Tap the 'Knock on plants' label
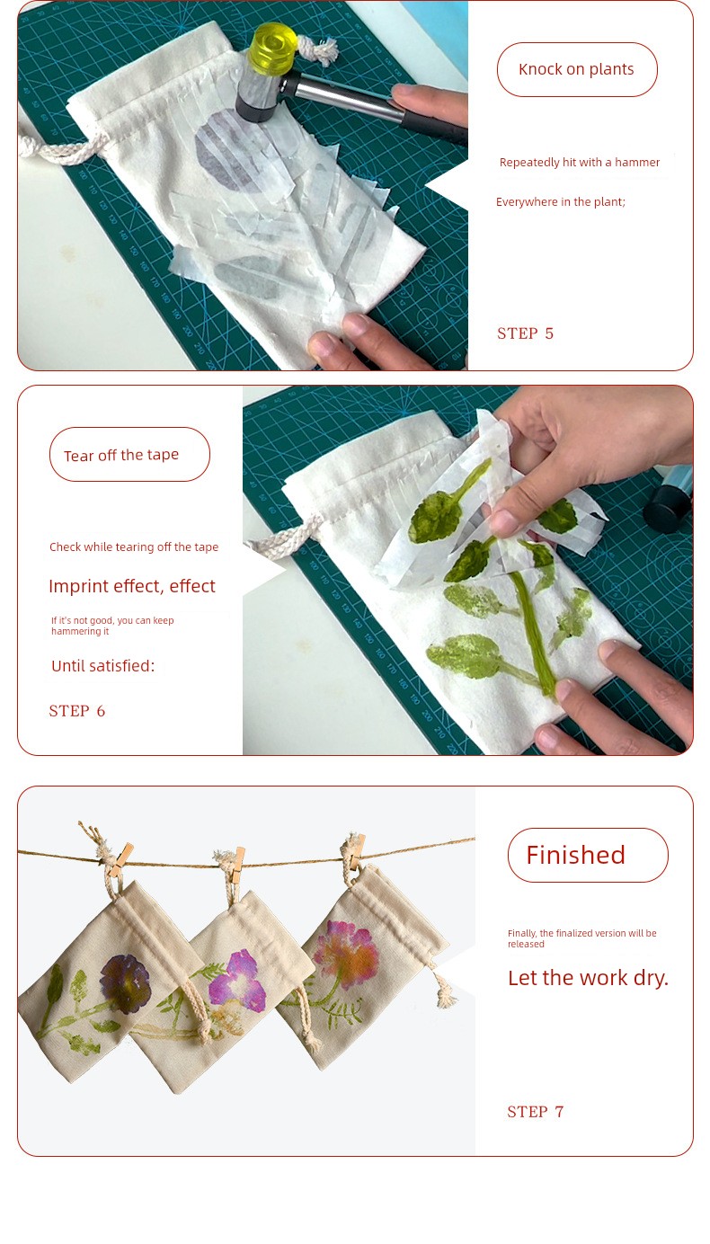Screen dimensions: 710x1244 pyautogui.click(x=577, y=69)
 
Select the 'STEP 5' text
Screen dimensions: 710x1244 pyautogui.click(x=525, y=333)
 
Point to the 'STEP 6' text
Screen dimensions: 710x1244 pyautogui.click(x=77, y=711)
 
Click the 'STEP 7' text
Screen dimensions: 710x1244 pyautogui.click(x=535, y=1111)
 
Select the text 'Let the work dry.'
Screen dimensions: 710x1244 pyautogui.click(x=588, y=978)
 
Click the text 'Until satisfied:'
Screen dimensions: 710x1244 pyautogui.click(x=103, y=666)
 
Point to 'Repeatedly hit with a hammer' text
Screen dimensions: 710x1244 pyautogui.click(x=580, y=162)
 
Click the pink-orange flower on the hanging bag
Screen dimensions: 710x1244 pyautogui.click(x=346, y=954)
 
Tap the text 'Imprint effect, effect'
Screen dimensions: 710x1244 pyautogui.click(x=132, y=586)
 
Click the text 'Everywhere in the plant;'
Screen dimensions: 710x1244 pyautogui.click(x=561, y=201)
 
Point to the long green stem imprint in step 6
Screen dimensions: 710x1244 pyautogui.click(x=533, y=632)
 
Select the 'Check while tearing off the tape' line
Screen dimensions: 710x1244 pyautogui.click(x=134, y=547)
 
